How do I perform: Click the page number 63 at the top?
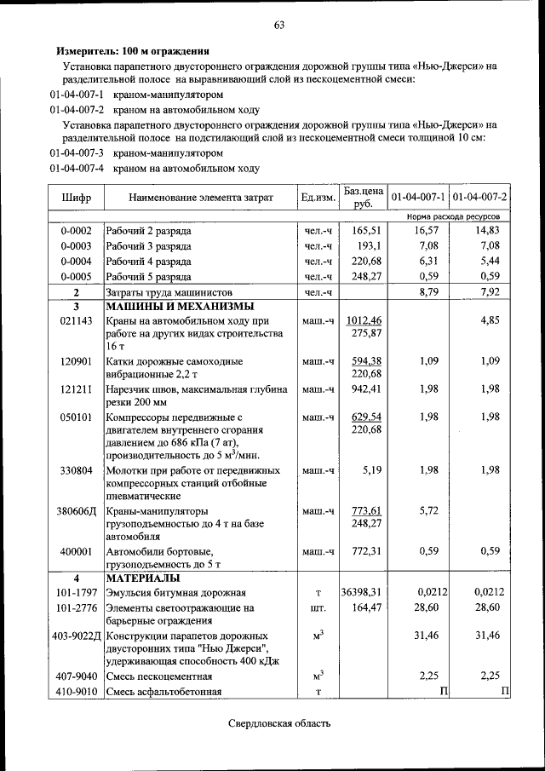pos(278,25)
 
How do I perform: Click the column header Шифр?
pos(77,198)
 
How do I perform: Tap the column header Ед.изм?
pos(318,198)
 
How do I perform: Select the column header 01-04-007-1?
pos(418,198)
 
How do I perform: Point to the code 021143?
pos(76,320)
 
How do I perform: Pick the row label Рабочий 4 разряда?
pos(148,262)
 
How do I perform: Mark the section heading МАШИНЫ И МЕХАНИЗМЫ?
pos(179,307)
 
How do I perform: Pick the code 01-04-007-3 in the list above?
pos(77,154)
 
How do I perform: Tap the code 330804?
pos(76,470)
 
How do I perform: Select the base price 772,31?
pos(365,551)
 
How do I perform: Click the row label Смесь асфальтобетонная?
pos(163,692)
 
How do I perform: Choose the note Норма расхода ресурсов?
pos(454,217)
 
